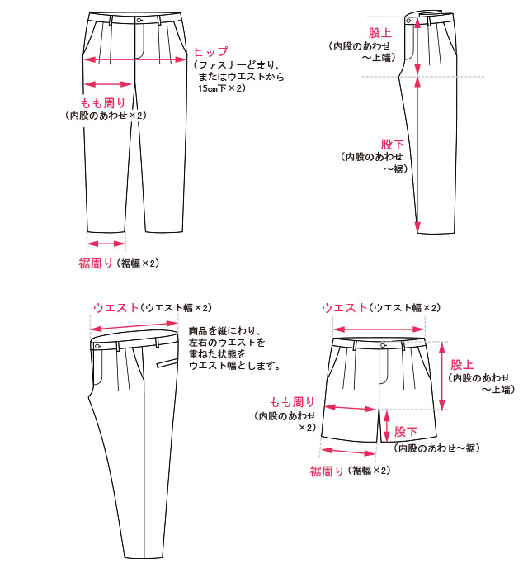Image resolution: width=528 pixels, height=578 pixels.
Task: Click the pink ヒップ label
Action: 210,52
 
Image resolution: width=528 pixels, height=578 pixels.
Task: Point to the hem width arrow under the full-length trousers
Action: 106,244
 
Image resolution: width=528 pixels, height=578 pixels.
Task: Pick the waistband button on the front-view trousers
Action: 139,20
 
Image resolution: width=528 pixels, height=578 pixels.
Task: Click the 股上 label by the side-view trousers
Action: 380,32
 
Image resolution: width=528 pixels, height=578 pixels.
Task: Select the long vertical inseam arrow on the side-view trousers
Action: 418,154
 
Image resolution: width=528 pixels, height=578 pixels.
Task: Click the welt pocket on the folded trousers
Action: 167,363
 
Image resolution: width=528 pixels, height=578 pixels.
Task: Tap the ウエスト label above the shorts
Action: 343,308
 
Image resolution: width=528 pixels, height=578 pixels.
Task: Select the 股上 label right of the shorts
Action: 461,364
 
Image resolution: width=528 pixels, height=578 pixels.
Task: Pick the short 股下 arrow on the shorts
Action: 386,426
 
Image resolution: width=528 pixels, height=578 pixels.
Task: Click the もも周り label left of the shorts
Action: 292,402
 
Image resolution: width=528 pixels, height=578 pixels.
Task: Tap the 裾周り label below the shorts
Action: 328,471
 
